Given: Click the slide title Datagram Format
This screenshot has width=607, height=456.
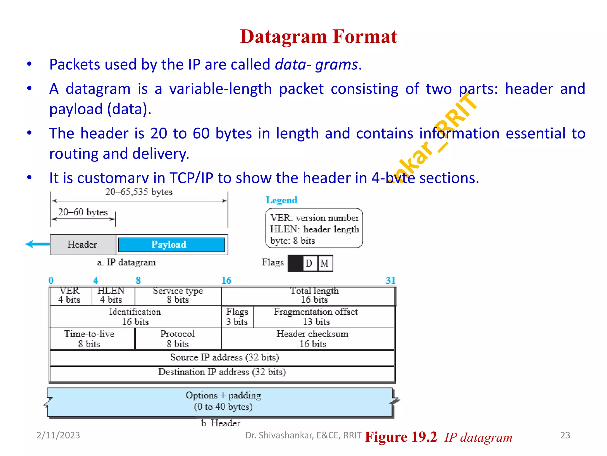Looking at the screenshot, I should coord(318,37).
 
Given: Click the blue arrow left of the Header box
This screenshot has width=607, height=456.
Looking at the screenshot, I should coord(37,244).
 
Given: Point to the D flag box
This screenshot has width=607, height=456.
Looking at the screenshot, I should coord(309,263).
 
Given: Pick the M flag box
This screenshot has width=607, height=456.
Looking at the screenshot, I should coord(325,263).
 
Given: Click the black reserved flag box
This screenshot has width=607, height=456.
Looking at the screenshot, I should coord(295,263).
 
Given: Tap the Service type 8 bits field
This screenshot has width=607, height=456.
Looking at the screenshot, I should coord(178,296).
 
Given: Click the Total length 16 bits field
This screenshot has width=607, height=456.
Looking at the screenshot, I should coord(314,296).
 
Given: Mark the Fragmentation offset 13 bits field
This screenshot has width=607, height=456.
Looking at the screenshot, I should coord(316,317).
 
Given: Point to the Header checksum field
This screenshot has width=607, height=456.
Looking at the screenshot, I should coord(312,339).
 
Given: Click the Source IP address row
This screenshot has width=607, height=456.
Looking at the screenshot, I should coord(224,357).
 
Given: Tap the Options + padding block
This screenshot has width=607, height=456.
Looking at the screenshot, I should coord(223,401).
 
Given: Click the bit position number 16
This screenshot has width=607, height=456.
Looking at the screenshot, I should coord(226,281).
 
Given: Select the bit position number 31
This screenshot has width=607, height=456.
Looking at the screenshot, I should coord(390,281).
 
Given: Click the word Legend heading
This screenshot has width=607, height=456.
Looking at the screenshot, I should coord(281,200).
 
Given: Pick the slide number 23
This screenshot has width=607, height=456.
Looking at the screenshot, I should coord(565,435).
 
